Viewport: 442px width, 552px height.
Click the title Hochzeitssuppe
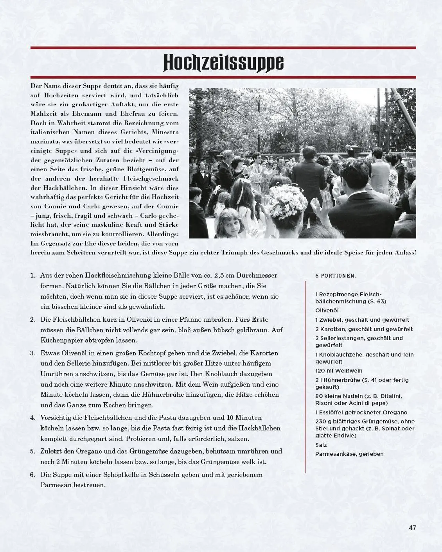pyautogui.click(x=223, y=63)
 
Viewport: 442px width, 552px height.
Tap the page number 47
pyautogui.click(x=412, y=528)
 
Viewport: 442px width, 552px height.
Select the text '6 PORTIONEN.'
pyautogui.click(x=336, y=276)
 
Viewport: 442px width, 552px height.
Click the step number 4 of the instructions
pyautogui.click(x=33, y=418)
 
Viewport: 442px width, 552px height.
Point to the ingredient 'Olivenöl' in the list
pyautogui.click(x=327, y=310)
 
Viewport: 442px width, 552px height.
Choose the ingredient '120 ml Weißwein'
pyautogui.click(x=339, y=371)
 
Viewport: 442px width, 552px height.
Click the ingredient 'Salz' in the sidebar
pyautogui.click(x=321, y=445)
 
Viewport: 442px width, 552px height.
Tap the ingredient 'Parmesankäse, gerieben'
pyautogui.click(x=349, y=454)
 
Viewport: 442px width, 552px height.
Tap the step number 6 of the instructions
pyautogui.click(x=33, y=475)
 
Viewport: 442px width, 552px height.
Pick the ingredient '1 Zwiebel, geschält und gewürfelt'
pyautogui.click(x=362, y=320)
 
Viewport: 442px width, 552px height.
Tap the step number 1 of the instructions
pyautogui.click(x=33, y=275)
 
